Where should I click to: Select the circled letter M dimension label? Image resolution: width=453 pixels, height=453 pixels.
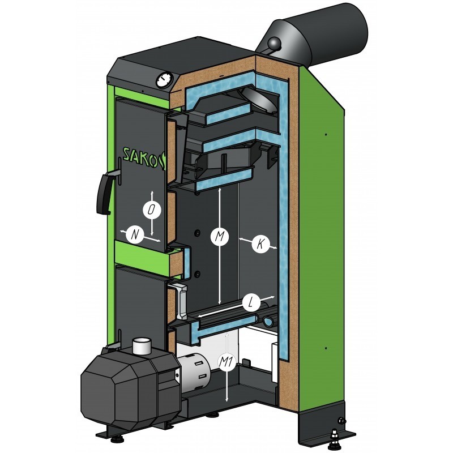click(x=220, y=236)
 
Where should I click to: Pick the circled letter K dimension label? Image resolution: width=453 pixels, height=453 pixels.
click(x=260, y=244)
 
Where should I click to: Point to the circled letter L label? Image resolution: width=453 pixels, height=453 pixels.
click(x=251, y=303)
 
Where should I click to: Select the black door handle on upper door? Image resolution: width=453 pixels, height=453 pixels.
click(x=108, y=191)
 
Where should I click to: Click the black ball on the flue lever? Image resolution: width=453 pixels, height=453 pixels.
click(x=274, y=44)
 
